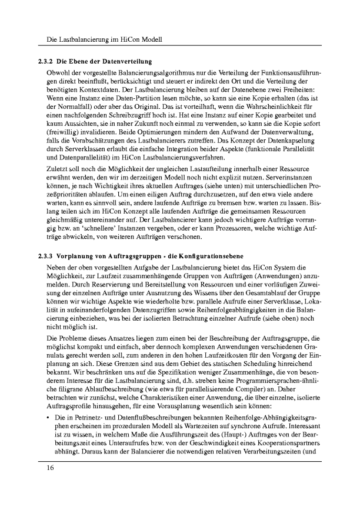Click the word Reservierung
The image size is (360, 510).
124,276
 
